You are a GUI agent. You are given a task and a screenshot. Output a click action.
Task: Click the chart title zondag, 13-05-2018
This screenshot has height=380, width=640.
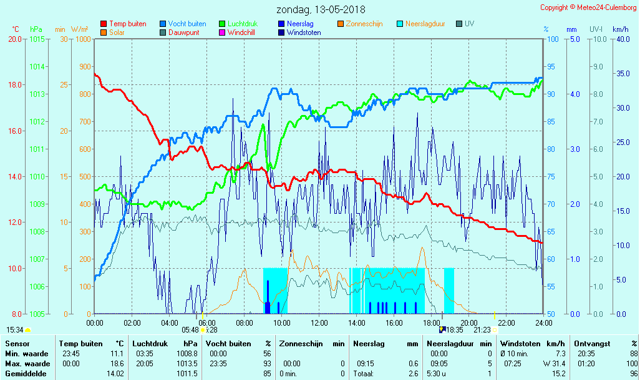(321, 9)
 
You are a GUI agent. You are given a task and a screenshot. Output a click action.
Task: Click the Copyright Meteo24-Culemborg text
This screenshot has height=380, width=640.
(588, 7)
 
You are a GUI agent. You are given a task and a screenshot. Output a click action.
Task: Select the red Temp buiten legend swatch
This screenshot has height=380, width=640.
(104, 24)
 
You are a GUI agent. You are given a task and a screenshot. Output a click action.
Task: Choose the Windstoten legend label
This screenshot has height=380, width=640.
(304, 32)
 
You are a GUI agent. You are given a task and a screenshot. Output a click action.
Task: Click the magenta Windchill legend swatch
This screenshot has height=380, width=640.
(222, 32)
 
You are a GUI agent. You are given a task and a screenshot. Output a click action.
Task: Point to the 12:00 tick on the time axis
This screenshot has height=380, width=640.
(319, 322)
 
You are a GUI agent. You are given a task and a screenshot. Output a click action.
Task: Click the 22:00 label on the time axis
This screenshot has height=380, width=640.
(506, 322)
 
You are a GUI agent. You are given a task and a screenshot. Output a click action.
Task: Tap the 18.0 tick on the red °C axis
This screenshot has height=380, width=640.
(16, 85)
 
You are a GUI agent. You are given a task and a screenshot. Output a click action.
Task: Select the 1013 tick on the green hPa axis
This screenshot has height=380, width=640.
(37, 94)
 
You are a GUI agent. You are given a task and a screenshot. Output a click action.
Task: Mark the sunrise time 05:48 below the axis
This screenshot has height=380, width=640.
(190, 329)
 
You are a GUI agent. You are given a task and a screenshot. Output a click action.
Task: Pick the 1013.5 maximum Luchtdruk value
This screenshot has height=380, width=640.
(187, 363)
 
